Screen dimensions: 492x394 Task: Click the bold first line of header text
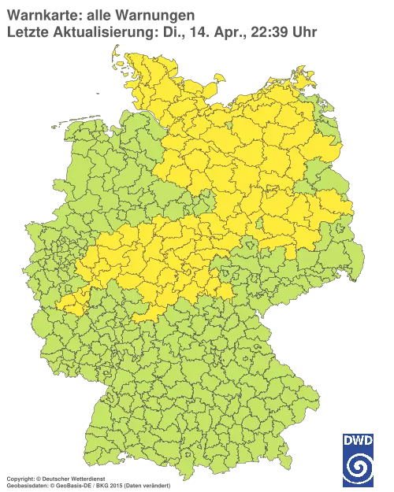coord(98,14)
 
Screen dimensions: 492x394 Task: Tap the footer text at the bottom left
coord(87,478)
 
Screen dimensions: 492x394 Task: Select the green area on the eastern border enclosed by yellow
coord(327,175)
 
